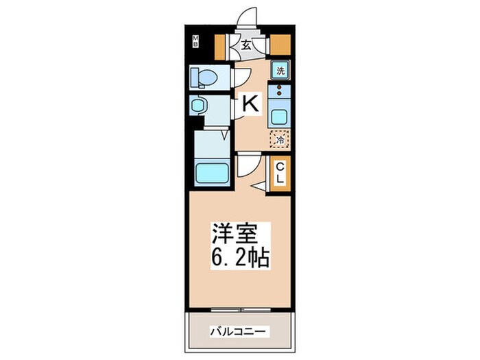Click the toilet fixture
click(x=204, y=77)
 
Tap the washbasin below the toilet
click(x=200, y=105)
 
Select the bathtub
click(x=213, y=171)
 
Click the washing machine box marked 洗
click(x=280, y=69)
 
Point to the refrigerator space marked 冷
click(x=279, y=139)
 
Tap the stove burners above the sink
click(x=280, y=89)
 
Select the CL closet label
click(x=280, y=171)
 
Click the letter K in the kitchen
click(x=250, y=104)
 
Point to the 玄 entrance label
click(x=245, y=46)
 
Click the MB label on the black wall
click(x=195, y=42)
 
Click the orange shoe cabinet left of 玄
click(x=220, y=45)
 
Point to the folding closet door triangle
click(x=260, y=185)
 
